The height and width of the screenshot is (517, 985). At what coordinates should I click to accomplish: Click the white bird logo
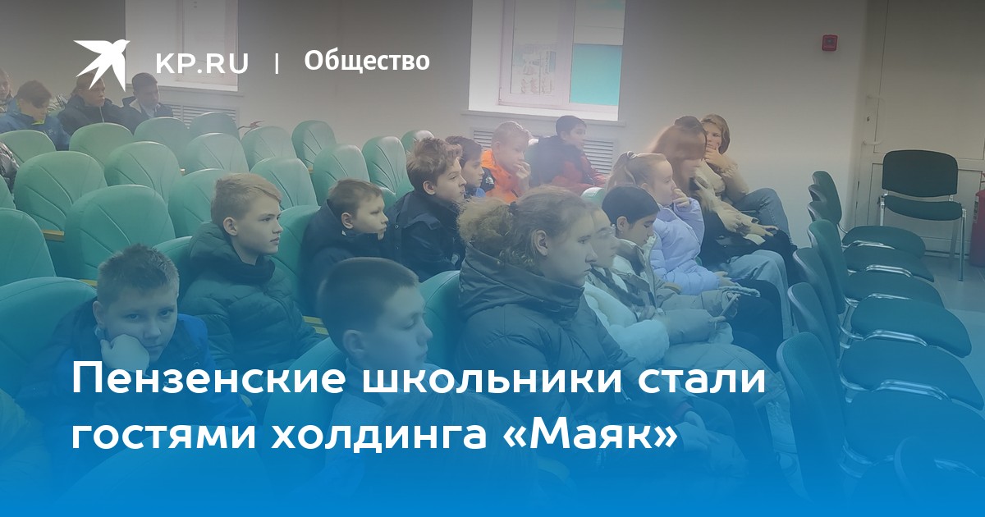101,62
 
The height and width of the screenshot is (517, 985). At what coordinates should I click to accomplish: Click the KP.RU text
202,63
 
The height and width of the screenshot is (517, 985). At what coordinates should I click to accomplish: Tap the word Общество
367,61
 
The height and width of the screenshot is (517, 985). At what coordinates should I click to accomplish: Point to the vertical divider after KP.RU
277,62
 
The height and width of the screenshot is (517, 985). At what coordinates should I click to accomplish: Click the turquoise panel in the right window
596,75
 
